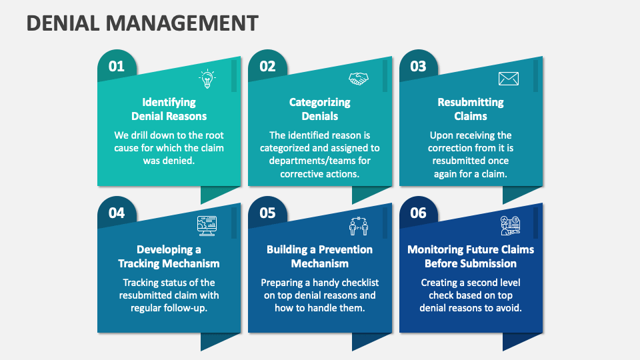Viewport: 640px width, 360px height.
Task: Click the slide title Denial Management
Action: [142, 23]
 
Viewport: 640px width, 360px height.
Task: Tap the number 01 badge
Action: [117, 66]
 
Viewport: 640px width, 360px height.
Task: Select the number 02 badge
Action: [267, 66]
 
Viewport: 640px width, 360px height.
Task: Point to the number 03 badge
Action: [418, 66]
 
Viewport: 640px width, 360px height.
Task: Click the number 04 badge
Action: [117, 213]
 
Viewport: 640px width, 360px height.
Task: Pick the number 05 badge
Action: [267, 213]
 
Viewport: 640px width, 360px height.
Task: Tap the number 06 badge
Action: [418, 213]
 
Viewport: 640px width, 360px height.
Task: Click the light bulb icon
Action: [207, 79]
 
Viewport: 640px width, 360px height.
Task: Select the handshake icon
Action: [359, 79]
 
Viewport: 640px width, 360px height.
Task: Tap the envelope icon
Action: [509, 79]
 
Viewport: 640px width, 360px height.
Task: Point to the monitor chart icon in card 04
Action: [207, 226]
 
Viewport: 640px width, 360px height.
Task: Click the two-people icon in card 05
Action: [359, 227]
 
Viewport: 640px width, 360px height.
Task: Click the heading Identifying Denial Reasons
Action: [169, 109]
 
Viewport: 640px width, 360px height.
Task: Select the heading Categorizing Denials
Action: [320, 109]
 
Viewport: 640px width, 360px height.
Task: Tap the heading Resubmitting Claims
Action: [471, 109]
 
